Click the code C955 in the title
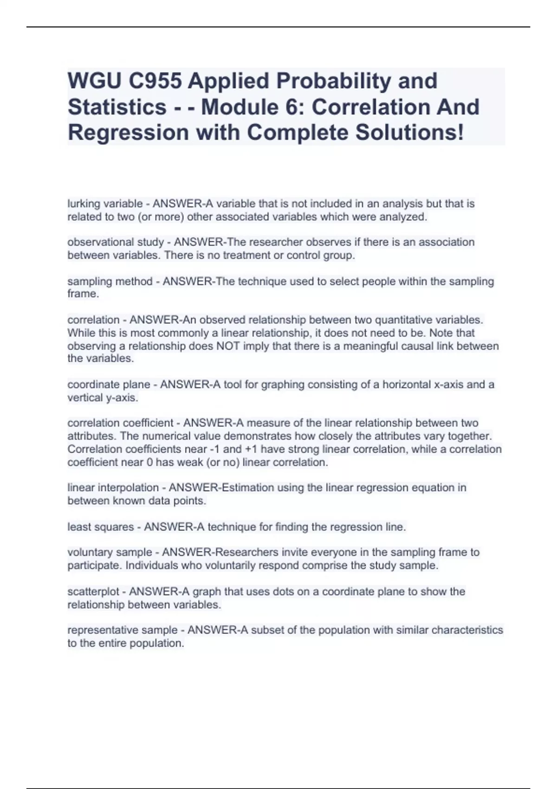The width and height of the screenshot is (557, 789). pos(155,81)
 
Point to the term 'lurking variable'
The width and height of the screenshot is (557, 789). pos(105,204)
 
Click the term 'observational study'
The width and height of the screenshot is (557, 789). pos(116,242)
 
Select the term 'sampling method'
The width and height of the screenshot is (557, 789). pos(110,281)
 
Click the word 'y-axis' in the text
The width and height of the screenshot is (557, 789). pos(122,398)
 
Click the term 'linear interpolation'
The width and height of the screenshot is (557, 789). pos(113,488)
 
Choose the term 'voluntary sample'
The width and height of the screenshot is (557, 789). pos(110,552)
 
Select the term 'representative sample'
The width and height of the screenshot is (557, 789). pos(123,630)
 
